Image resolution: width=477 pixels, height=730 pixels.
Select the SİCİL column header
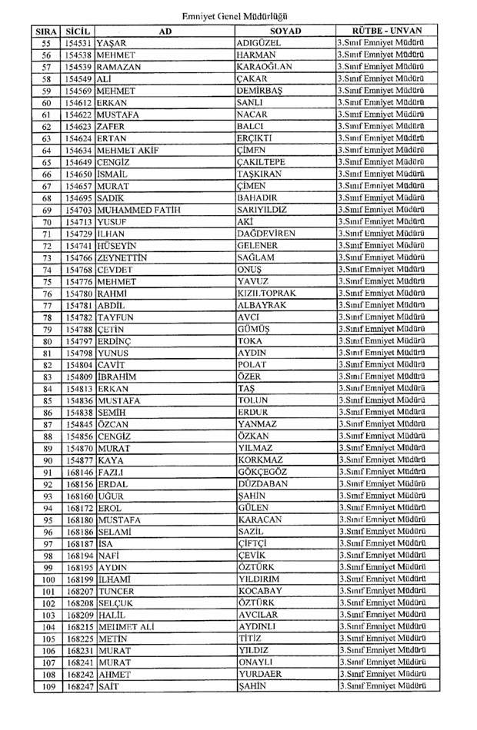79,31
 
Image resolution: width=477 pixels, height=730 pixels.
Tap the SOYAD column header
285,31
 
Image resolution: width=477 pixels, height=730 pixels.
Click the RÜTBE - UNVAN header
382,31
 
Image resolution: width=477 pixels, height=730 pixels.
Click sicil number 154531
79,43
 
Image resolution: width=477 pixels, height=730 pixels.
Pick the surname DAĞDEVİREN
269,233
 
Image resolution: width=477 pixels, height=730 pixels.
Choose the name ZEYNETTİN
122,257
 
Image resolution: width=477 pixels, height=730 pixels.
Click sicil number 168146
79,472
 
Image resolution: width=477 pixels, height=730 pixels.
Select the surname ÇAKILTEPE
262,161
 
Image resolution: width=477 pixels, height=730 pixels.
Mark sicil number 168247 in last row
79,686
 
